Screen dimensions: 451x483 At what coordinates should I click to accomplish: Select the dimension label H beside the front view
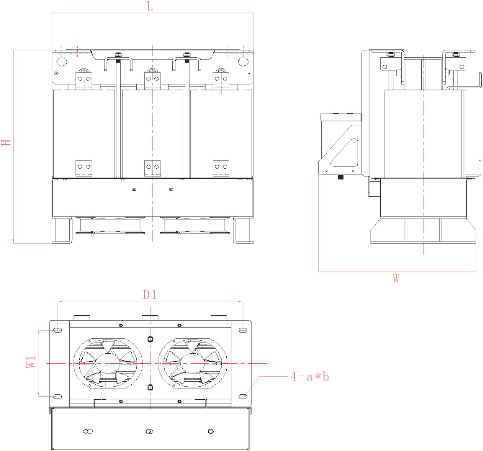pos(6,142)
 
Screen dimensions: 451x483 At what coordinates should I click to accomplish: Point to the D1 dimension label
pos(150,295)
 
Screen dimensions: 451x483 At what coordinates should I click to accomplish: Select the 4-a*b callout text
pos(310,377)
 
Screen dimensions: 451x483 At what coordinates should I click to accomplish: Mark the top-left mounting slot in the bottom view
pos(58,330)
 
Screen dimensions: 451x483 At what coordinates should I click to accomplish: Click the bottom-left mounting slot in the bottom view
pos(58,396)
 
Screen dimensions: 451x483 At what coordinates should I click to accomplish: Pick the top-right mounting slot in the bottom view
pos(243,330)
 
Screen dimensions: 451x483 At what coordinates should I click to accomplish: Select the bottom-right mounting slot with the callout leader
pos(243,396)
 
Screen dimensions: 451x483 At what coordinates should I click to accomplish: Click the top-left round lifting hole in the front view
pos(62,62)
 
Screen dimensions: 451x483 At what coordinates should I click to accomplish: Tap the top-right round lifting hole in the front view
pos(243,62)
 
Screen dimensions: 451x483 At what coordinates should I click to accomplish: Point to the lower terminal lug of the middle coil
pos(153,167)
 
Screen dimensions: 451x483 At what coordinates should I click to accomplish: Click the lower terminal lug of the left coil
pos(84,167)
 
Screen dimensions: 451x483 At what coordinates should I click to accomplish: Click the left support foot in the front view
pos(62,230)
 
